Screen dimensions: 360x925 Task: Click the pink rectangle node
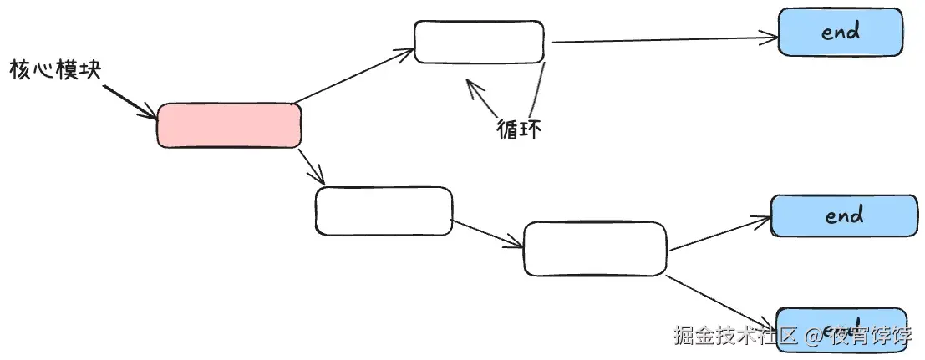point(229,125)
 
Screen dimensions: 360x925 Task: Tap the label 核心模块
point(55,70)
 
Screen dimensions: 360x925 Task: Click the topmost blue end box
point(840,33)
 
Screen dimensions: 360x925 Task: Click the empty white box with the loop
point(479,42)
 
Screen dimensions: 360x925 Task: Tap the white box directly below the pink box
point(384,210)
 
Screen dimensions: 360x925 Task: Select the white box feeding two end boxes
point(595,249)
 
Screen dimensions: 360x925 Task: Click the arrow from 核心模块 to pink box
point(130,100)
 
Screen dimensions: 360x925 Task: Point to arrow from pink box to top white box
point(355,77)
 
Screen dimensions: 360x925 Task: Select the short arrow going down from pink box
point(311,165)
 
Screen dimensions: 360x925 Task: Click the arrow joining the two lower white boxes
point(487,233)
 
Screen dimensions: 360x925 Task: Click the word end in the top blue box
point(840,33)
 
